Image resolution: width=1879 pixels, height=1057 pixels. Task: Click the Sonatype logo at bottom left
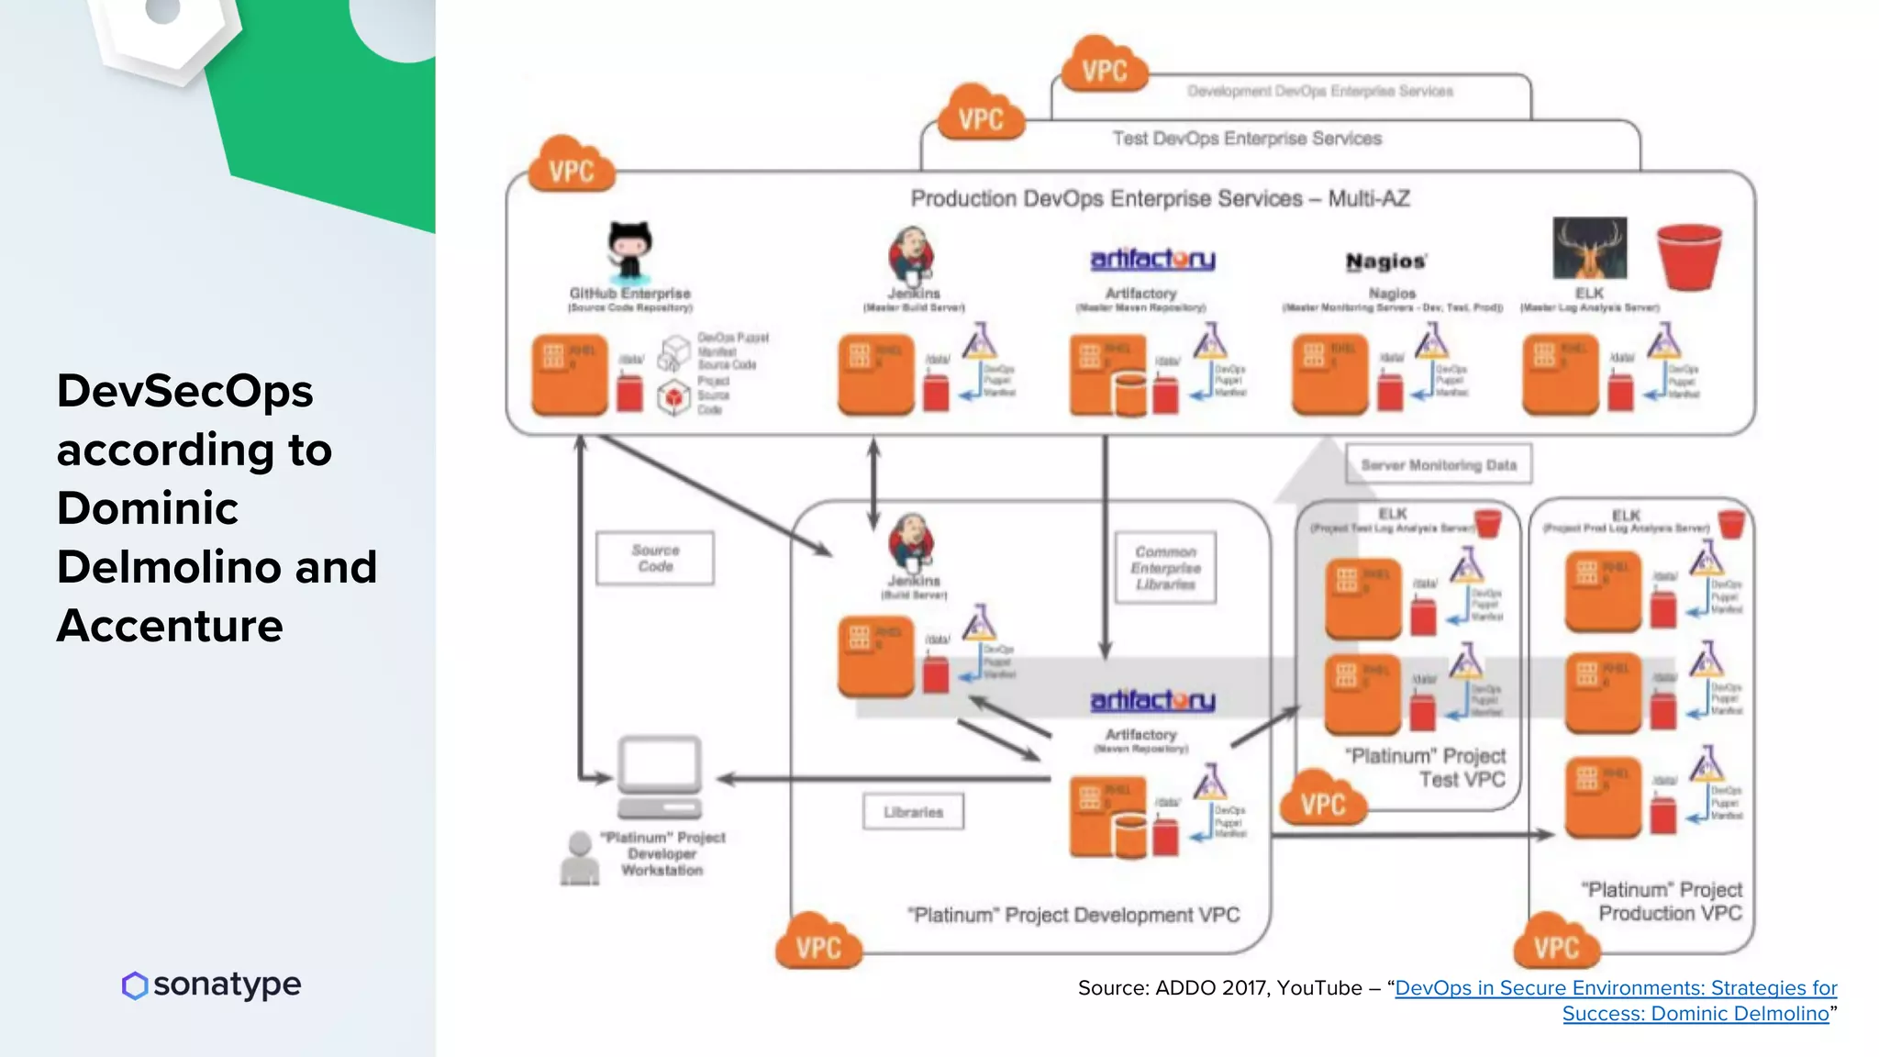[x=212, y=985]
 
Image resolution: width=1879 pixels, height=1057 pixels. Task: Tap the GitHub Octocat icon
[x=629, y=251]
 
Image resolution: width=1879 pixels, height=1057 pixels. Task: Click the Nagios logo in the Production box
[x=1385, y=262]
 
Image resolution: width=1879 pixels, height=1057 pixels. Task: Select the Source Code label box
[x=655, y=558]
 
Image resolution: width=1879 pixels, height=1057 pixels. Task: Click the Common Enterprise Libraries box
[x=1165, y=568]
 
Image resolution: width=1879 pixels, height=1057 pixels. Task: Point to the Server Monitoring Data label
[x=1438, y=465]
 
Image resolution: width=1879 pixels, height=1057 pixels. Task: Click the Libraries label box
[x=913, y=812]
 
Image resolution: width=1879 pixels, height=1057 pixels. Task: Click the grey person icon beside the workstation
[x=580, y=859]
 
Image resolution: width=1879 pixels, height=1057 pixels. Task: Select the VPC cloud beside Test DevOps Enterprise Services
[x=980, y=115]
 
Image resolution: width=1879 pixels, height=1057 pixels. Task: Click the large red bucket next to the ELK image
[x=1688, y=256]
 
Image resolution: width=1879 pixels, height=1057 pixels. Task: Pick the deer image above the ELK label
[x=1589, y=248]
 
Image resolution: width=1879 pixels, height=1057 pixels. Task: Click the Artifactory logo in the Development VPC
[x=1152, y=701]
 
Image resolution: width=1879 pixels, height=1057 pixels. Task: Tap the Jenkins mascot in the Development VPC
[x=911, y=541]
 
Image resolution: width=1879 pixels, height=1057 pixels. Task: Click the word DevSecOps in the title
[x=185, y=392]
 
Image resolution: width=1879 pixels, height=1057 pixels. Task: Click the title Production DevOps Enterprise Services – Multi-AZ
[x=1160, y=198]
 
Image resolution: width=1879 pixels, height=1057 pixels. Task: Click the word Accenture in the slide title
[x=170, y=626]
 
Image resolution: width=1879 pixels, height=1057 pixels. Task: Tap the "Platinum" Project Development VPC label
[x=1073, y=915]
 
